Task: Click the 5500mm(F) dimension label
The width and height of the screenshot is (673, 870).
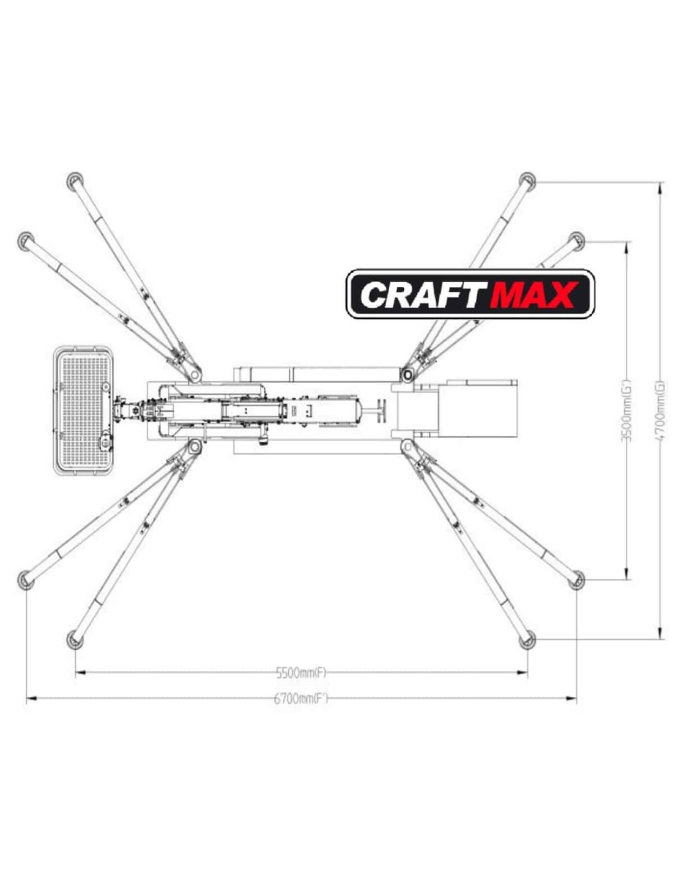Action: pyautogui.click(x=301, y=673)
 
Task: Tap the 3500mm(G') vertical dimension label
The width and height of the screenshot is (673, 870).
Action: pyautogui.click(x=627, y=410)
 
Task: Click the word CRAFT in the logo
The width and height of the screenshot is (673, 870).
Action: pyautogui.click(x=420, y=294)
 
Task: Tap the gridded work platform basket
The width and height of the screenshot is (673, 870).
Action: pyautogui.click(x=84, y=409)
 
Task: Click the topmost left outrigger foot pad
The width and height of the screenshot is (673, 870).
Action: pyautogui.click(x=75, y=180)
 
